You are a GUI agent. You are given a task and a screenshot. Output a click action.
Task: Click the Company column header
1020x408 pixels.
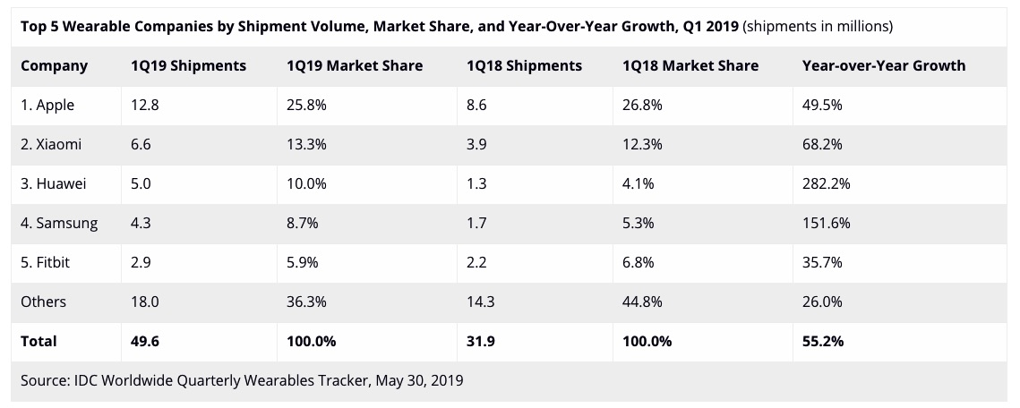click(x=54, y=65)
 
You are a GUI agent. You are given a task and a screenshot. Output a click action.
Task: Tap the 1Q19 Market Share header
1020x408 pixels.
click(x=355, y=65)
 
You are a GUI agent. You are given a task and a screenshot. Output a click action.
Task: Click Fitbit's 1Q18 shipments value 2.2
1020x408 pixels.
click(x=478, y=262)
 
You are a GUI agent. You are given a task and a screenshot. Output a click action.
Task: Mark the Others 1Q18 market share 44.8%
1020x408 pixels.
click(x=642, y=302)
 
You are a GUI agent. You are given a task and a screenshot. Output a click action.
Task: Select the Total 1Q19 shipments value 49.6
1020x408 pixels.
click(x=145, y=341)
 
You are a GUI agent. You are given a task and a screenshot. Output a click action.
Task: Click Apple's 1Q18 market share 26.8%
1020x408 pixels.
click(x=642, y=105)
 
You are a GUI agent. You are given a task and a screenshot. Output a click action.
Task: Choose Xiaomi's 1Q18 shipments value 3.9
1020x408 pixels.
click(x=478, y=144)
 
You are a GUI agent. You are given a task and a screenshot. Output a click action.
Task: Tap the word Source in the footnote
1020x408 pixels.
click(x=43, y=380)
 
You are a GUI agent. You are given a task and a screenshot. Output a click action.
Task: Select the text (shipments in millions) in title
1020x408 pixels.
click(x=818, y=26)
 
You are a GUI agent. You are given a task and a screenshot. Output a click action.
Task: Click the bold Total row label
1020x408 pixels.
click(x=39, y=341)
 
